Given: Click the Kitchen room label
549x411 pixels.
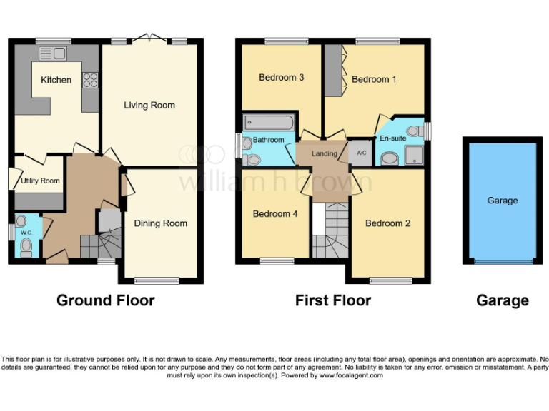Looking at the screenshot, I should pos(56,80).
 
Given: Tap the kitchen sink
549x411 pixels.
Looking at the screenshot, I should pos(51,54).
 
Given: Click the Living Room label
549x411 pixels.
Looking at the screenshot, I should pos(149,106).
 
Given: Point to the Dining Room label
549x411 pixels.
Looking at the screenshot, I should pos(161,223).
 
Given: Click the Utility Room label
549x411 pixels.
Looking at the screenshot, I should pos(40,181).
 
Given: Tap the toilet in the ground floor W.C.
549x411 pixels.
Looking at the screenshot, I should pos(26,247).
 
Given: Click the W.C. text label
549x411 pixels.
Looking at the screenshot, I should pos(27,232).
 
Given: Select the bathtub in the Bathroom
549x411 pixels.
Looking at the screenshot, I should pos(268,122).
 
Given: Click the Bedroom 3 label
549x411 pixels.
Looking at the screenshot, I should pos(282,77).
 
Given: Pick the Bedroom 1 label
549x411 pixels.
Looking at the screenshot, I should pos(374,79).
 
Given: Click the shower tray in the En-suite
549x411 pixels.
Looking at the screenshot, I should pos(413,156).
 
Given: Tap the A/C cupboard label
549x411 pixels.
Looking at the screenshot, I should pos(361,153).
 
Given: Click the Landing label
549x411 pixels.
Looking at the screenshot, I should pos(325,154).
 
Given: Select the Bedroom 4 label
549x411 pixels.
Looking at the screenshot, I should pos(275,213).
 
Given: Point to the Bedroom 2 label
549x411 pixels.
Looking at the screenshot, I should pos(387,223).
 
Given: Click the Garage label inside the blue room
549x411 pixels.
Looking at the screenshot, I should pos(502,201).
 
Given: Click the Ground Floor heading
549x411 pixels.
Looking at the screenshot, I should pos(105,300).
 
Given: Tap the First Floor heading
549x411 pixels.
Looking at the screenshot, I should pos(333,300).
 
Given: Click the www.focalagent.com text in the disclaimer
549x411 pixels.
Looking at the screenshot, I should pos(351,375).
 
